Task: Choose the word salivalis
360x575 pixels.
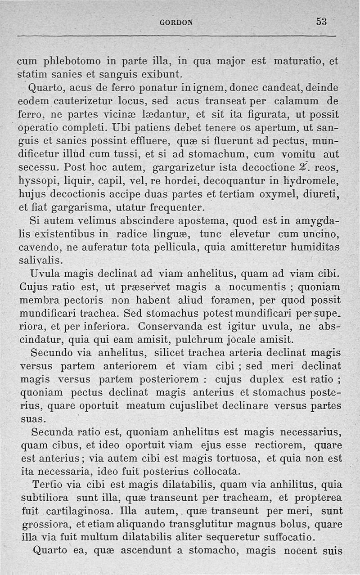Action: coord(41,261)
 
